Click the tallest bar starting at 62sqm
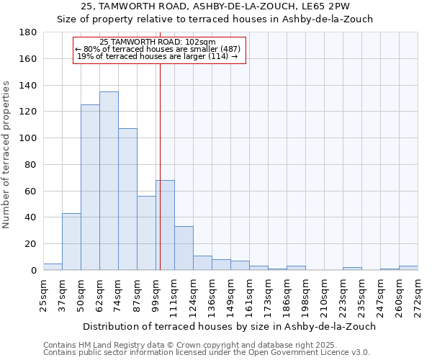(109, 181)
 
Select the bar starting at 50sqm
(90, 187)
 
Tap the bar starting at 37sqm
(71, 241)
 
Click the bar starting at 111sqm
(184, 248)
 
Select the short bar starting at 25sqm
(53, 266)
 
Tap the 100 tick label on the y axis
(29, 138)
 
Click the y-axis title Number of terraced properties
(6, 155)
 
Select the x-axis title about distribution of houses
(229, 326)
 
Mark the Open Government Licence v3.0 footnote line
(206, 353)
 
